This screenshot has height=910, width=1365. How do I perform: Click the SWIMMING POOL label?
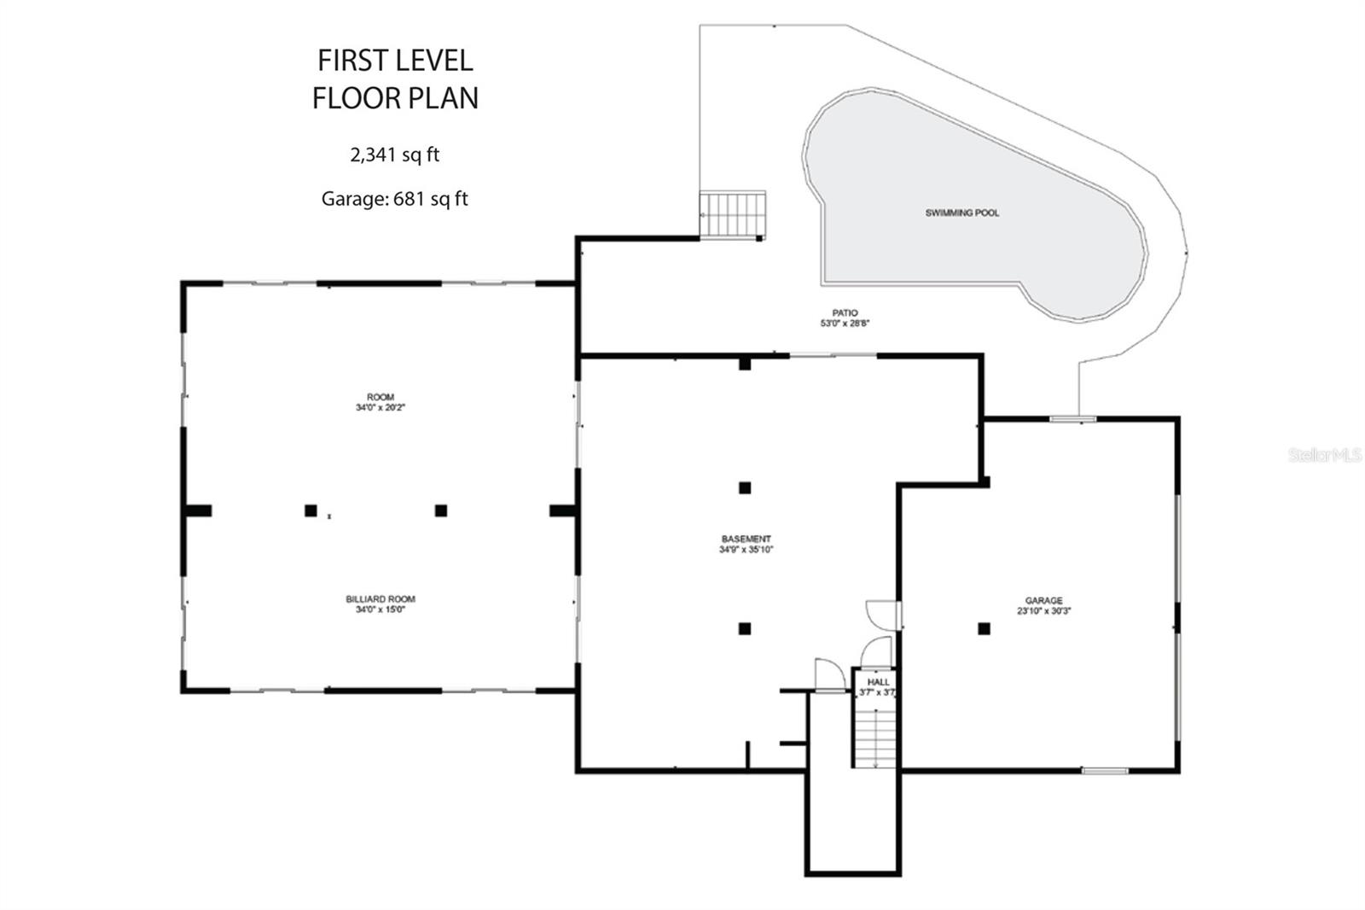pos(961,213)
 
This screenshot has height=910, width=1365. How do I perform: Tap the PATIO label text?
pos(845,313)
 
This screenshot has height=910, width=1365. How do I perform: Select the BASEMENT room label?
pos(746,539)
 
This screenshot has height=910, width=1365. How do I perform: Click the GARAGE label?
pos(1043,601)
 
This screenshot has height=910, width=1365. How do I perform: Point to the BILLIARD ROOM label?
pos(380,599)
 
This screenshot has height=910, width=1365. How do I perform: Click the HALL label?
pos(878,682)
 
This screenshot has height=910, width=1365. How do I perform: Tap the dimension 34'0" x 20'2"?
pos(380,408)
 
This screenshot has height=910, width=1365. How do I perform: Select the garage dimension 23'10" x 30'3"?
pos(1043,611)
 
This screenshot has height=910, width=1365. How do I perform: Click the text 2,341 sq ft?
pos(394,155)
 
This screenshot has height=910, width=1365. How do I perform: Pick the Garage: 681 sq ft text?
pos(394,199)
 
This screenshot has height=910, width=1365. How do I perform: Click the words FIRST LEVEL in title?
pos(395,61)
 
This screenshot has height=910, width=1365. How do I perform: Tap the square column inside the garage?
pos(984,629)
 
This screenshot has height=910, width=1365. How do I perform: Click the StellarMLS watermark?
pos(1325,456)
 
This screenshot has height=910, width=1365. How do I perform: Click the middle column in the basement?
pos(745,488)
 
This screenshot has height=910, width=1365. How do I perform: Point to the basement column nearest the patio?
pos(745,365)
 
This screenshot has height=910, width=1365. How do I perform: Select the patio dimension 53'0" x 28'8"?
pos(845,324)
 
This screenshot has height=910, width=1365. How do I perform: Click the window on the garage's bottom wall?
pos(1105,771)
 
